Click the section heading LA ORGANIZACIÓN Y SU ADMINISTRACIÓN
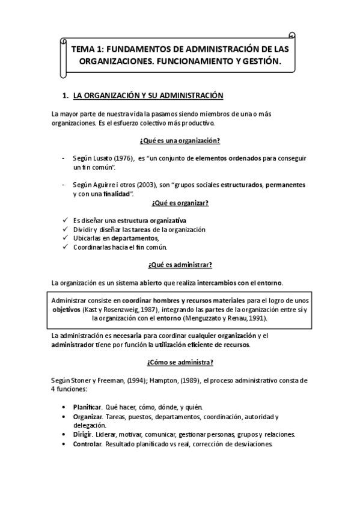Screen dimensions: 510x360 (x=147, y=95)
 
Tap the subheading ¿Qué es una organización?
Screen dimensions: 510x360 (x=179, y=140)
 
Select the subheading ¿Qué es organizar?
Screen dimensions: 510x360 (x=179, y=203)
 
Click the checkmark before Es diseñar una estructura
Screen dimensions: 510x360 (x=64, y=220)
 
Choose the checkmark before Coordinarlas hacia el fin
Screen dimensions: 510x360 (x=64, y=247)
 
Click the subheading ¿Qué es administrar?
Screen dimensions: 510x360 (x=179, y=265)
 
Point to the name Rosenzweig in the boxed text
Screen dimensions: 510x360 (x=116, y=308)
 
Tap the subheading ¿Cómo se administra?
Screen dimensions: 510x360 (x=179, y=363)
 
